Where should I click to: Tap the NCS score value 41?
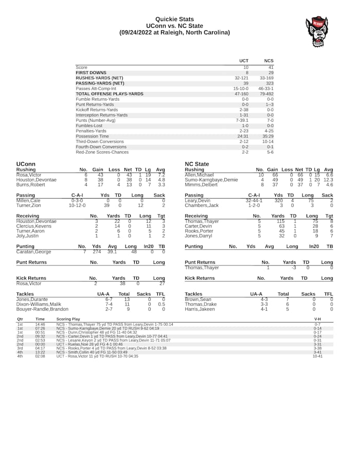(x=271, y=67)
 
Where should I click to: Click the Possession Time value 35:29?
(x=268, y=136)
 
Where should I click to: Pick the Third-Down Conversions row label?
(x=100, y=141)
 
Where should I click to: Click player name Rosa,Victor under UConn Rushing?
(x=28, y=175)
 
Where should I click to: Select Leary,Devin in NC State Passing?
(x=197, y=201)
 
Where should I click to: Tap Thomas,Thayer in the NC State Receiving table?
(x=202, y=221)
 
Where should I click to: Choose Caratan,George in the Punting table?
(x=34, y=252)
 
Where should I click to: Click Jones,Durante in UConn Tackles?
(x=32, y=299)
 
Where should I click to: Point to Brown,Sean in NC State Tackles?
(x=198, y=299)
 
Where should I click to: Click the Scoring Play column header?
(x=68, y=319)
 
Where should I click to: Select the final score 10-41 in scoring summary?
(x=317, y=356)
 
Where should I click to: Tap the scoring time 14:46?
(x=40, y=325)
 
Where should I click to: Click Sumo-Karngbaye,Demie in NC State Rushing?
(x=211, y=180)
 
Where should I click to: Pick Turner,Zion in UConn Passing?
(x=28, y=206)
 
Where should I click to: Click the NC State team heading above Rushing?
(x=196, y=164)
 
